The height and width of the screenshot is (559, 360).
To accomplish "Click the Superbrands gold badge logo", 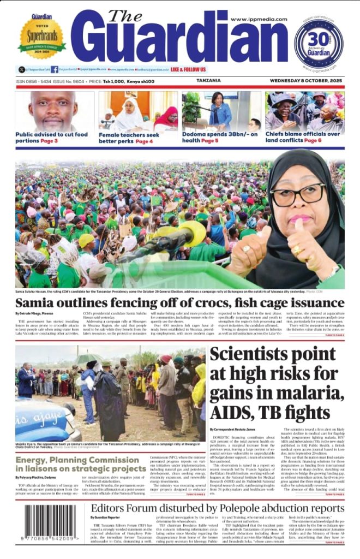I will tap(41, 37).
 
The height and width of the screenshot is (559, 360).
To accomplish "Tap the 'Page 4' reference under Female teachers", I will tap(144, 141).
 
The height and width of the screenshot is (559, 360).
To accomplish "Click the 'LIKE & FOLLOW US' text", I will tap(188, 70).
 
